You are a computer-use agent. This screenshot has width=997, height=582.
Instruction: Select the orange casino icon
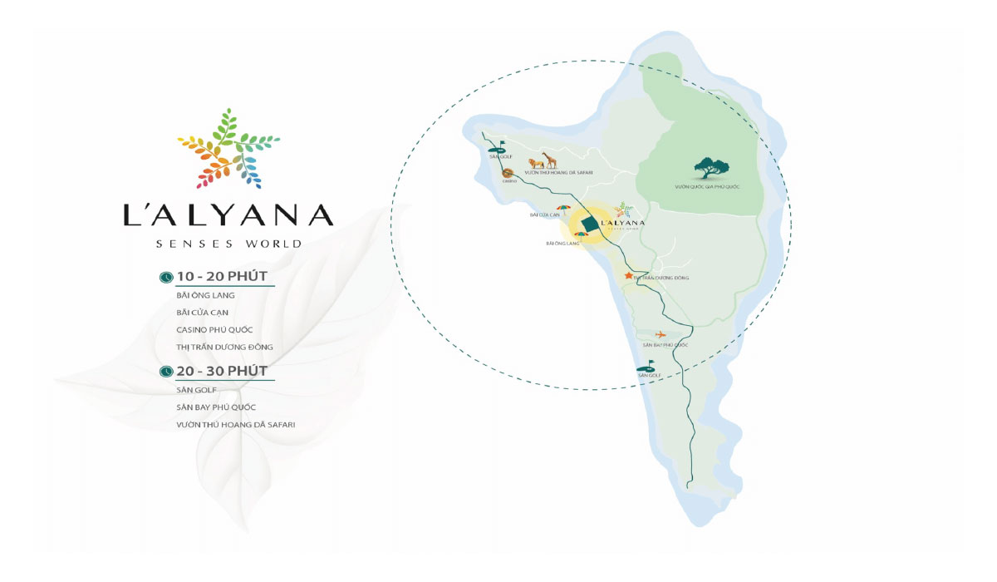coord(509,174)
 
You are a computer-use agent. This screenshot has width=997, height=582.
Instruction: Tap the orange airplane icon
coord(661,334)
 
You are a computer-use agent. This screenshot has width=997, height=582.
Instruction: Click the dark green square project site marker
coord(590,224)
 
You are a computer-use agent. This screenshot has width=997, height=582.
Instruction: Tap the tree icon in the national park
coord(710,168)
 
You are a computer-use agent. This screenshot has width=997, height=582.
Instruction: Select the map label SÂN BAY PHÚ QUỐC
coord(665,345)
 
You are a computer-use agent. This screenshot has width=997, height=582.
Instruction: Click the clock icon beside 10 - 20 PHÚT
coord(166,276)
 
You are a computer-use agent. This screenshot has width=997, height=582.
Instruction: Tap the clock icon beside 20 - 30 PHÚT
coord(166,371)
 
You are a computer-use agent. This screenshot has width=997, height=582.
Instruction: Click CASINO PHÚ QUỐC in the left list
coord(214,330)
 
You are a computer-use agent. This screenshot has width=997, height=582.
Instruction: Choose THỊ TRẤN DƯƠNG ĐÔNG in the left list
coord(224,347)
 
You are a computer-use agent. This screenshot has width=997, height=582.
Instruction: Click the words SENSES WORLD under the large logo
coord(229,244)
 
